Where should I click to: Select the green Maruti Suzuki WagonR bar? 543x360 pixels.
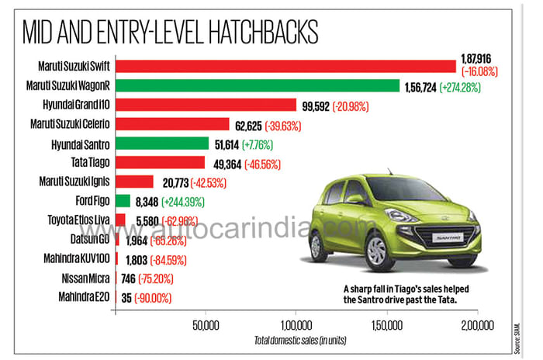click(257, 85)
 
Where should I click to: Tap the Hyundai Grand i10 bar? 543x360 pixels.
click(206, 105)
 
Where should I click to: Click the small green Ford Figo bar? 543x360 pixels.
click(122, 201)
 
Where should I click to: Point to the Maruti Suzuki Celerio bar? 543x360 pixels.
click(171, 124)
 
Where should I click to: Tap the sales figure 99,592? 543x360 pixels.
click(314, 105)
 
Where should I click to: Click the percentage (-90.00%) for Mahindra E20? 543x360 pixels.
click(153, 297)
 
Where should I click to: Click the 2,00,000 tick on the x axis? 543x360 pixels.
click(475, 324)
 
